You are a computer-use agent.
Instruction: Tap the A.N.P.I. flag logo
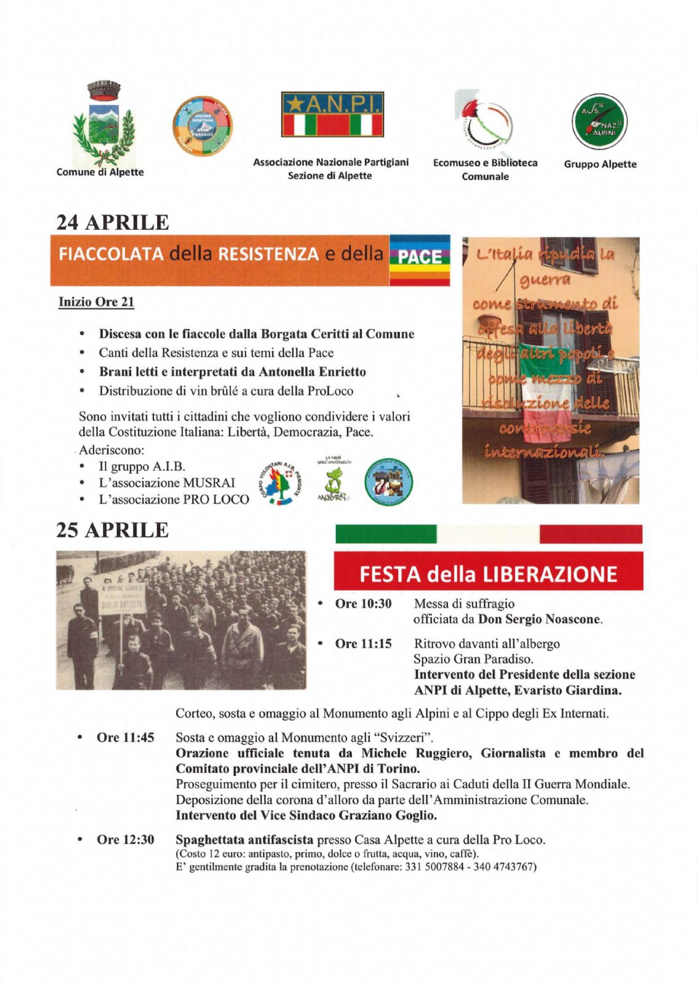pos(333,115)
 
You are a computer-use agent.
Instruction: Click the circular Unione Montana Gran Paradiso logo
pos(202,126)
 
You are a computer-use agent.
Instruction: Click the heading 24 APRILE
pos(113,222)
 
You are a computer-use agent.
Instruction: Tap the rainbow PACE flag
pos(420,259)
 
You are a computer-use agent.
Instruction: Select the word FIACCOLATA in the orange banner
pos(111,255)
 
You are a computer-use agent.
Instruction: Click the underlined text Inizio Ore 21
pos(96,302)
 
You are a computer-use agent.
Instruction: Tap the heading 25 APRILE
pos(113,530)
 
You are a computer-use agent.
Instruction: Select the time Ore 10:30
pos(363,604)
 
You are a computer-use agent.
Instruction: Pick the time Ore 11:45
pos(125,738)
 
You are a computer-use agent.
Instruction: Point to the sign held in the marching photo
pos(123,597)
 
